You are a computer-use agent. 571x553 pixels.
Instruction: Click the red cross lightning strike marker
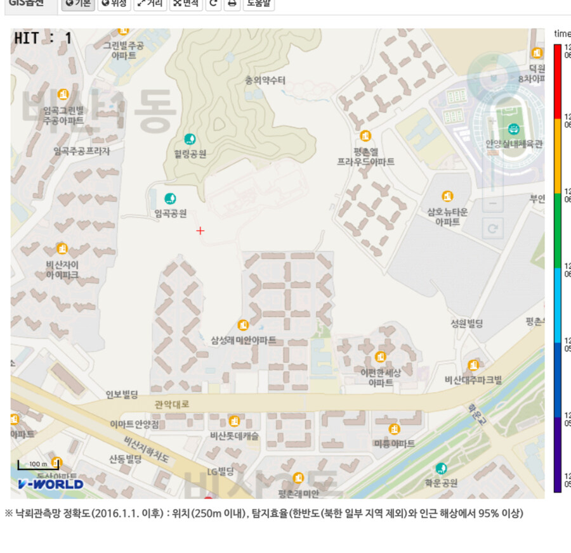tap(200, 231)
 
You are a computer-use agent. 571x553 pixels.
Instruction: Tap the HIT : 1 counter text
tap(43, 39)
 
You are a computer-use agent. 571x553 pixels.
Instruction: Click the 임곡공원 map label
tap(170, 213)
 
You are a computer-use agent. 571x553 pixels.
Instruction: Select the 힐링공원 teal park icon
tap(189, 139)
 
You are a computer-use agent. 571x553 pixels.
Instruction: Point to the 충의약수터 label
tap(265, 80)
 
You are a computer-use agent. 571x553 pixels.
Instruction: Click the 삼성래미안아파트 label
tap(244, 340)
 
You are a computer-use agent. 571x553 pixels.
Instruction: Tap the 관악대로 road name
tap(171, 404)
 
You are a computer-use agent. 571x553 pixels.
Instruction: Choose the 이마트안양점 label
tap(135, 424)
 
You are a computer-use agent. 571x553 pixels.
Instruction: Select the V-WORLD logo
tap(51, 485)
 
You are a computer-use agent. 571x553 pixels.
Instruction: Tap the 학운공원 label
tap(441, 483)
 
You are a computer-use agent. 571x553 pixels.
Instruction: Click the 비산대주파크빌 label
tap(473, 380)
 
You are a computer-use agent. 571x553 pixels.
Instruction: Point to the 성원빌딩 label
tap(466, 324)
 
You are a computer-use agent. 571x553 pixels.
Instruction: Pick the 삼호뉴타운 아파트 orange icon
tap(447, 196)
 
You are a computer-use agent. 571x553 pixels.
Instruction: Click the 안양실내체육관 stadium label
tap(514, 144)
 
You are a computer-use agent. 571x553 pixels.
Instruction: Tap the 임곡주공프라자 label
tap(82, 151)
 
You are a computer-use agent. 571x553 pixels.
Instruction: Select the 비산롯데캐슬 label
tap(234, 436)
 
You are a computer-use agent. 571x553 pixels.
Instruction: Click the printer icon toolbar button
tap(232, 4)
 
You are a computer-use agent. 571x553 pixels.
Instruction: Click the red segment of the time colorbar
tap(557, 81)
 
